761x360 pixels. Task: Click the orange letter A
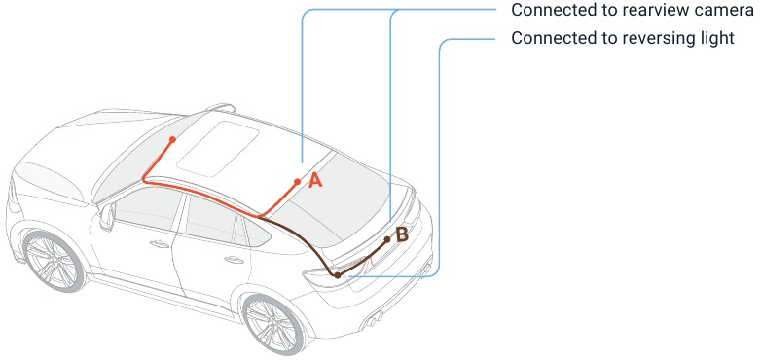point(315,181)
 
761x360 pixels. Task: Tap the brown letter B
point(402,235)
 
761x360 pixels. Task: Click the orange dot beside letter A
point(297,182)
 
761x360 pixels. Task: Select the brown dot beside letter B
point(387,239)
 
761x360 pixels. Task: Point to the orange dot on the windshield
point(172,140)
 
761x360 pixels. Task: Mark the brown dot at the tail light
point(338,275)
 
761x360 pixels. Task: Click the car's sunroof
point(218,148)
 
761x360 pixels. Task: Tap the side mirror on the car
point(107,216)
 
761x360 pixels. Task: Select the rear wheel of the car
point(272,324)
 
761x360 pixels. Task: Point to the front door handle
point(160,243)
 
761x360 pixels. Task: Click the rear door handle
point(235,260)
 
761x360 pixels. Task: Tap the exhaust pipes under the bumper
point(373,319)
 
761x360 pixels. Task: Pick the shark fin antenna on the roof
point(221,107)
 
